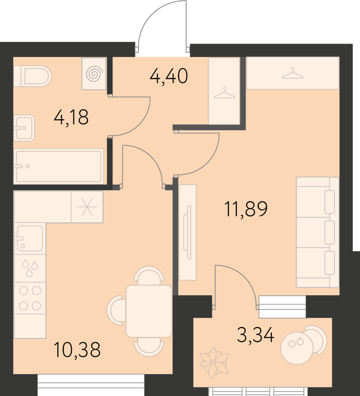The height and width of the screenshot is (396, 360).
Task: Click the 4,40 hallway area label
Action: tap(169, 76)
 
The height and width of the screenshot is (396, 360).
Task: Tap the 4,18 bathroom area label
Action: tap(71, 118)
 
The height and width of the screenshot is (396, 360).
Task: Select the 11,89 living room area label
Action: tap(246, 209)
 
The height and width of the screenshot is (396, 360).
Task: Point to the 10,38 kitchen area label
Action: tap(77, 350)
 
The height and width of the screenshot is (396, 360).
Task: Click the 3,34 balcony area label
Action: tap(255, 335)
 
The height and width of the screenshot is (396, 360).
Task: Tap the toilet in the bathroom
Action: tap(33, 76)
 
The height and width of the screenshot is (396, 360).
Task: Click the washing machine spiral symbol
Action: tap(94, 74)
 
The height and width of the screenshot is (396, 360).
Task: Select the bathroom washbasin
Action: tap(24, 128)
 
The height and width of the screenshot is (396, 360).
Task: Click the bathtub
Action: tap(59, 166)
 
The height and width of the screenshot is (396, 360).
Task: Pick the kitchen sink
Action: tap(30, 238)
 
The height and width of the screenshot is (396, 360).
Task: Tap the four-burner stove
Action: tap(30, 298)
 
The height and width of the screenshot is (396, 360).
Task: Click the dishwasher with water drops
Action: tap(30, 268)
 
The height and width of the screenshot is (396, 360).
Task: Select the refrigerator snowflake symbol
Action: tap(87, 207)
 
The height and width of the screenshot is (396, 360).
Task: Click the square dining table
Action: tap(149, 311)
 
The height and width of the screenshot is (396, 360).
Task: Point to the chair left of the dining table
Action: tap(116, 311)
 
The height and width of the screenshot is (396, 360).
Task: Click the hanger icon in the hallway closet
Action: tap(224, 93)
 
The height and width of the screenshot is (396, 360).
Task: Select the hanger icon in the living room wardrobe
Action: tap(293, 73)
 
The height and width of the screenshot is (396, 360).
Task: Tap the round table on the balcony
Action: tap(297, 348)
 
